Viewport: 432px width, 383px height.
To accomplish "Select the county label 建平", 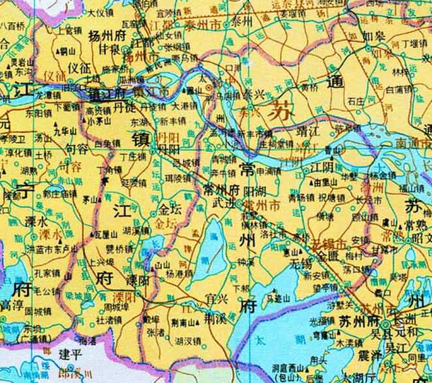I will coord(70,353).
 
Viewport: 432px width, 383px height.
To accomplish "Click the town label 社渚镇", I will coord(108,320).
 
